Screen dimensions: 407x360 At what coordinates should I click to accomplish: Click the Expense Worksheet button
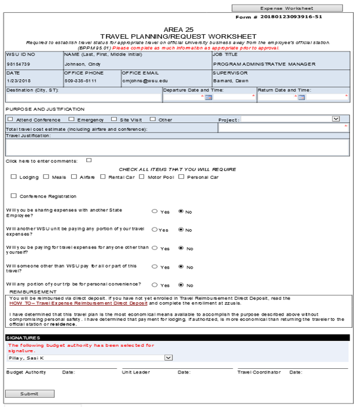pyautogui.click(x=278, y=8)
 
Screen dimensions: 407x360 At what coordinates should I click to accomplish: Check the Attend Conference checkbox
pyautogui.click(x=10, y=119)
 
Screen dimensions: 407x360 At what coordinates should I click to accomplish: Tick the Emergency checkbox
pyautogui.click(x=71, y=119)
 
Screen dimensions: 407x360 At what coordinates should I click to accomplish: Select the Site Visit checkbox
pyautogui.click(x=113, y=119)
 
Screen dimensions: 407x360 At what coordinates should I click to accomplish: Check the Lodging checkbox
pyautogui.click(x=13, y=177)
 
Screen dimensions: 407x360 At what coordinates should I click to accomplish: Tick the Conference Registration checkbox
pyautogui.click(x=13, y=196)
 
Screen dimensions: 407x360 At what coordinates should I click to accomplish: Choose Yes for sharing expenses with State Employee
pyautogui.click(x=155, y=211)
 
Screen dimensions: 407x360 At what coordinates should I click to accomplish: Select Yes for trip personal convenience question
pyautogui.click(x=155, y=285)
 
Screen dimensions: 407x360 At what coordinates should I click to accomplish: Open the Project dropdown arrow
pyautogui.click(x=336, y=119)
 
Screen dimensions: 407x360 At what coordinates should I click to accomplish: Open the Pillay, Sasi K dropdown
pyautogui.click(x=168, y=358)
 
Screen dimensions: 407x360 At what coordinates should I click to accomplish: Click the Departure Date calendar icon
pyautogui.click(x=209, y=97)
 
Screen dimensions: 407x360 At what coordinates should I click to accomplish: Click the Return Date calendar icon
pyautogui.click(x=301, y=97)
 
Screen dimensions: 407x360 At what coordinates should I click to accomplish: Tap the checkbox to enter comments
pyautogui.click(x=89, y=160)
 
